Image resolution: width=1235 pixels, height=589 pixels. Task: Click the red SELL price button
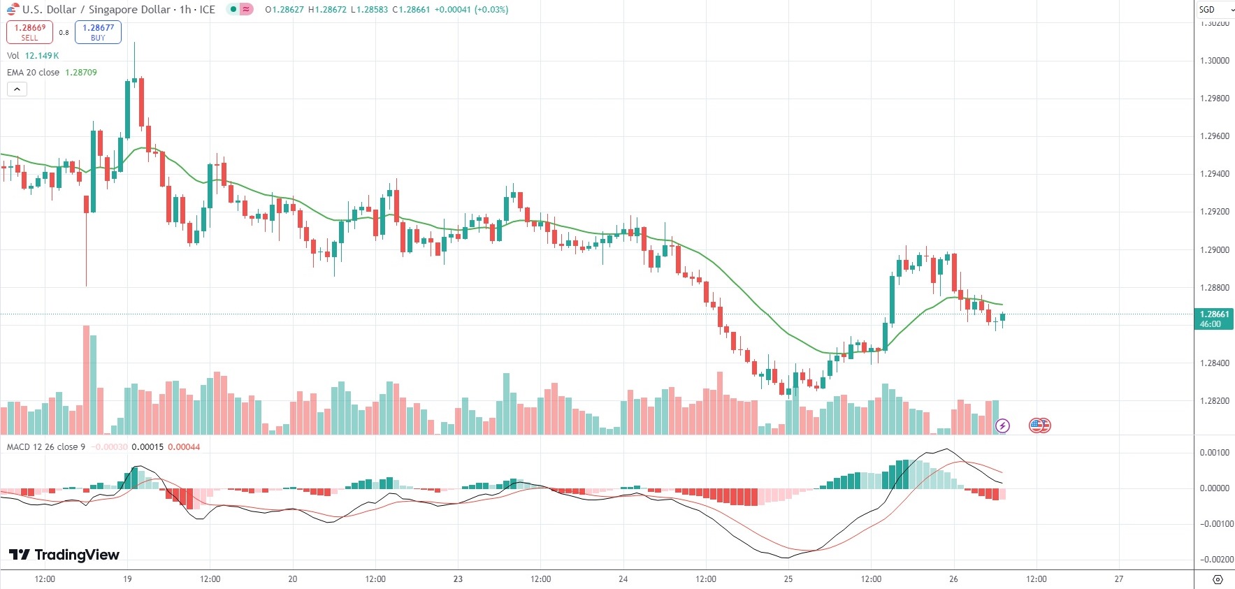coord(29,32)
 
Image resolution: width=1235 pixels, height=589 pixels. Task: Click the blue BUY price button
coord(98,32)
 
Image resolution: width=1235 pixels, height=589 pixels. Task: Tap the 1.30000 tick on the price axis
coord(1214,61)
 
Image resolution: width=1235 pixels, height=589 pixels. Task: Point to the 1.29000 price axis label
coord(1214,250)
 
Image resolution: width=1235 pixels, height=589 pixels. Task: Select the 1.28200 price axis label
coord(1214,401)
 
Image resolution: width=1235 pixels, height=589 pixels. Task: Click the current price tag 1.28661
coord(1214,314)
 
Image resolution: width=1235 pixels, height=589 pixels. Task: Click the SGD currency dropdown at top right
coord(1214,10)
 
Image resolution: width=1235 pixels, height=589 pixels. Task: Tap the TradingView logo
coord(64,555)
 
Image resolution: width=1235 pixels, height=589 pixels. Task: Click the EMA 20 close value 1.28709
coord(81,73)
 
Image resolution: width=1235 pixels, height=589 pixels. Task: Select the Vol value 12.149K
coord(42,56)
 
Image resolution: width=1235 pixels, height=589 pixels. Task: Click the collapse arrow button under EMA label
coord(17,89)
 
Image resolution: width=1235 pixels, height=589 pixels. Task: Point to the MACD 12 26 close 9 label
coord(46,447)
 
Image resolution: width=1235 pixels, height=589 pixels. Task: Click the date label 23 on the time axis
coord(458,579)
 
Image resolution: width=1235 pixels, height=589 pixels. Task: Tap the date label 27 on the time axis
coord(1119,579)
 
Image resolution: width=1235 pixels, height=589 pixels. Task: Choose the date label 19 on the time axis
coord(127,579)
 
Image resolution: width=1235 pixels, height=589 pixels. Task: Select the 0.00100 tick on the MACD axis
coord(1215,453)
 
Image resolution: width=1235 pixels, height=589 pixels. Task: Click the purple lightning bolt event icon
coord(1002,426)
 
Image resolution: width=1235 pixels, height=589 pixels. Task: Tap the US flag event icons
coord(1040,426)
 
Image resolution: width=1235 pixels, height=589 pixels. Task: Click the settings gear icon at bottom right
coord(1218,580)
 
